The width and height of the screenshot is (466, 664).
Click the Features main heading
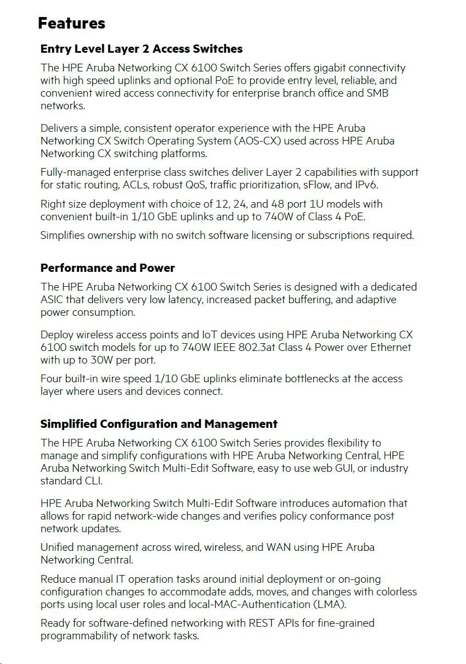[x=71, y=24]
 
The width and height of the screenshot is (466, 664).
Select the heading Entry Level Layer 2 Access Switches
[x=141, y=49]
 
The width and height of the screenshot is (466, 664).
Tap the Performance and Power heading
[x=108, y=268]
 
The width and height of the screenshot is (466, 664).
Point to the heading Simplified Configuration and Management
[x=159, y=424]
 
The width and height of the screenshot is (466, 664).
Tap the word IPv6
[x=366, y=185]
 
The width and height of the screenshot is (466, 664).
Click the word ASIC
[x=53, y=299]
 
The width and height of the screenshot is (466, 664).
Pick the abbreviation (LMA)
[x=328, y=604]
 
